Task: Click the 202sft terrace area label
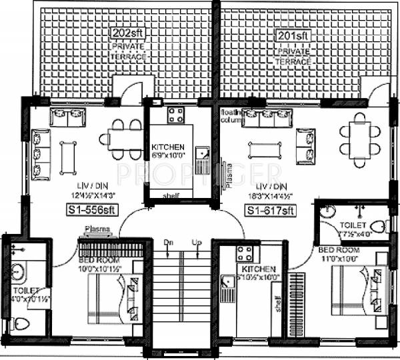[126, 33]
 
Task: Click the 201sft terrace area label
[292, 34]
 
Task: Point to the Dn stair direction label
[169, 243]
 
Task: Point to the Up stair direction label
[195, 243]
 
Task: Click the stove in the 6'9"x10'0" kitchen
[175, 115]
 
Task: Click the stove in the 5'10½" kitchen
[245, 253]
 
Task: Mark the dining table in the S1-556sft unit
[123, 139]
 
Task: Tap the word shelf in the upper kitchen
[171, 195]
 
